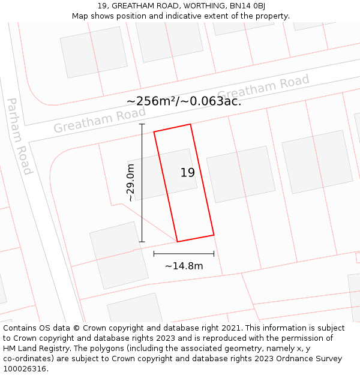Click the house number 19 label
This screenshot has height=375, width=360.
coord(187,173)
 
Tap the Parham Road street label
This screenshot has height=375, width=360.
coord(19,136)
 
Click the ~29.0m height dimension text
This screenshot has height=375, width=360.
coord(130,182)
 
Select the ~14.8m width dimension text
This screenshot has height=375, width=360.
coord(184,266)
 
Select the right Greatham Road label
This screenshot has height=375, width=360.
coord(263,87)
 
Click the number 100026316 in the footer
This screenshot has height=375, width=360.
coord(26,369)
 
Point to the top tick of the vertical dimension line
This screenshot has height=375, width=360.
coord(142,124)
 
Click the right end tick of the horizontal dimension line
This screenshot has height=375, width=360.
coord(214,254)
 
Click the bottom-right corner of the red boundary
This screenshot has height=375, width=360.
coord(214,235)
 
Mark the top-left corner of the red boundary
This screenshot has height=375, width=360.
coord(154,131)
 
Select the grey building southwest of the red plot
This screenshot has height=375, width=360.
coord(119,255)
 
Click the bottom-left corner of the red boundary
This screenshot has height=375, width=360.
coord(178,242)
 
